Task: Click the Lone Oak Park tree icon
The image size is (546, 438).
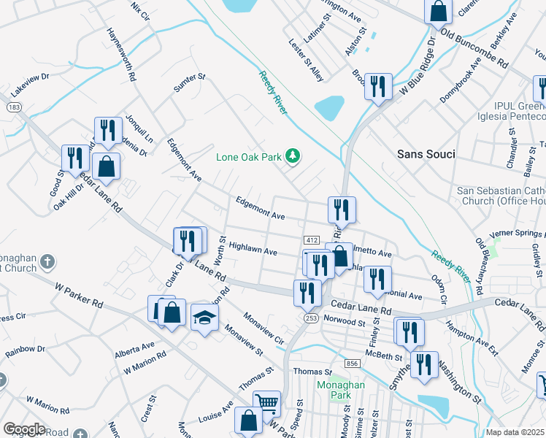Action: point(293,155)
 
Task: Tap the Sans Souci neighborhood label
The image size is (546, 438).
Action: point(426,154)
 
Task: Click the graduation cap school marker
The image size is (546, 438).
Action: point(204,317)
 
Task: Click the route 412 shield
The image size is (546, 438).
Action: point(311,240)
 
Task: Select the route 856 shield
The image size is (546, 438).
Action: point(353,364)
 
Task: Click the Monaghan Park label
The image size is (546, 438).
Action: point(334,390)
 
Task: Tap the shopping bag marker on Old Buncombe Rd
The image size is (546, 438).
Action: point(438,12)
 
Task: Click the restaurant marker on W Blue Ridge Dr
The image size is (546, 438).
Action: point(377,86)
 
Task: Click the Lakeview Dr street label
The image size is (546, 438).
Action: point(29,85)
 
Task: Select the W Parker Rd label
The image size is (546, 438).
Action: point(79,293)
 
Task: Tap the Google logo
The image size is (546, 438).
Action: point(24,429)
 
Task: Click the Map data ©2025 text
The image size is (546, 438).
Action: point(515,432)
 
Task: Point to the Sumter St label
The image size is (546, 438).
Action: point(190,82)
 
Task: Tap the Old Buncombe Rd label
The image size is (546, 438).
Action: point(475,49)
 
